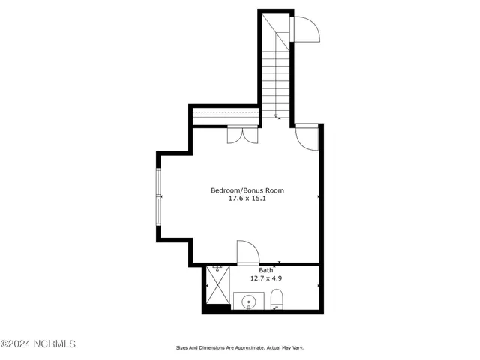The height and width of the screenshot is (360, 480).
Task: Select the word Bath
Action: tap(266, 270)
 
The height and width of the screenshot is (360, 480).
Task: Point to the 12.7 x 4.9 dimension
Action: tap(266, 277)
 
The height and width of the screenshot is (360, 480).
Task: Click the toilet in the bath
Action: tap(276, 299)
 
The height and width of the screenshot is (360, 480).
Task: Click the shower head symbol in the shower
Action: tap(217, 267)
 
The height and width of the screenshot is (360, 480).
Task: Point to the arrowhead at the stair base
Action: tap(276, 116)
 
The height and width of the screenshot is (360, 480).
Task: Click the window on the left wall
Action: tap(158, 196)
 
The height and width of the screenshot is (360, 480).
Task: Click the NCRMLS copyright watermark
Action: tap(38, 344)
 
